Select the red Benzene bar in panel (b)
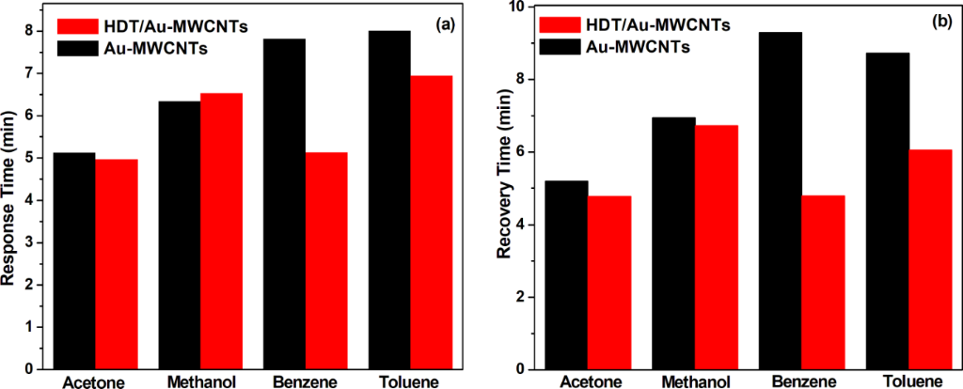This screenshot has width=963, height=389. [x=824, y=282]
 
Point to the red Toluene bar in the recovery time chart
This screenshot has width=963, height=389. [x=931, y=259]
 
